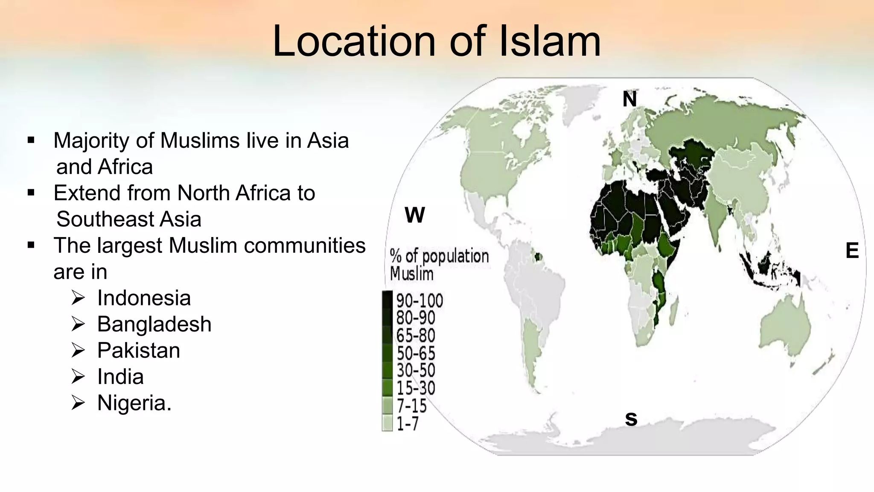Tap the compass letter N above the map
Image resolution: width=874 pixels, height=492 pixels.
(629, 100)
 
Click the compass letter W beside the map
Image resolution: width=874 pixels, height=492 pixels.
(414, 215)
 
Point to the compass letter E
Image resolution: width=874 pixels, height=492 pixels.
(852, 251)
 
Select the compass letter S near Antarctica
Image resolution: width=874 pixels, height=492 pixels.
(631, 419)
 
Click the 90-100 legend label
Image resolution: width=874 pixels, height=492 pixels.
(420, 301)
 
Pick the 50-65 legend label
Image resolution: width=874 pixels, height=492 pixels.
(416, 353)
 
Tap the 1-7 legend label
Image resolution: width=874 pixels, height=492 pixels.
(408, 424)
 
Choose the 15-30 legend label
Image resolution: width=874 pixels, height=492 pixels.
(416, 388)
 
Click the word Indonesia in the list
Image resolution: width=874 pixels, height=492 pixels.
(144, 298)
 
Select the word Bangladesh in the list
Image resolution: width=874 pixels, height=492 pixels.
(154, 324)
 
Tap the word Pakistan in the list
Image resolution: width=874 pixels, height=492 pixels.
(139, 351)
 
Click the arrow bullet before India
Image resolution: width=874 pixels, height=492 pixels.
(79, 377)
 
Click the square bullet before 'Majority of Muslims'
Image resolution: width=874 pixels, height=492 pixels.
(31, 140)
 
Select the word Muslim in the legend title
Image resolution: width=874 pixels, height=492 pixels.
(411, 274)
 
